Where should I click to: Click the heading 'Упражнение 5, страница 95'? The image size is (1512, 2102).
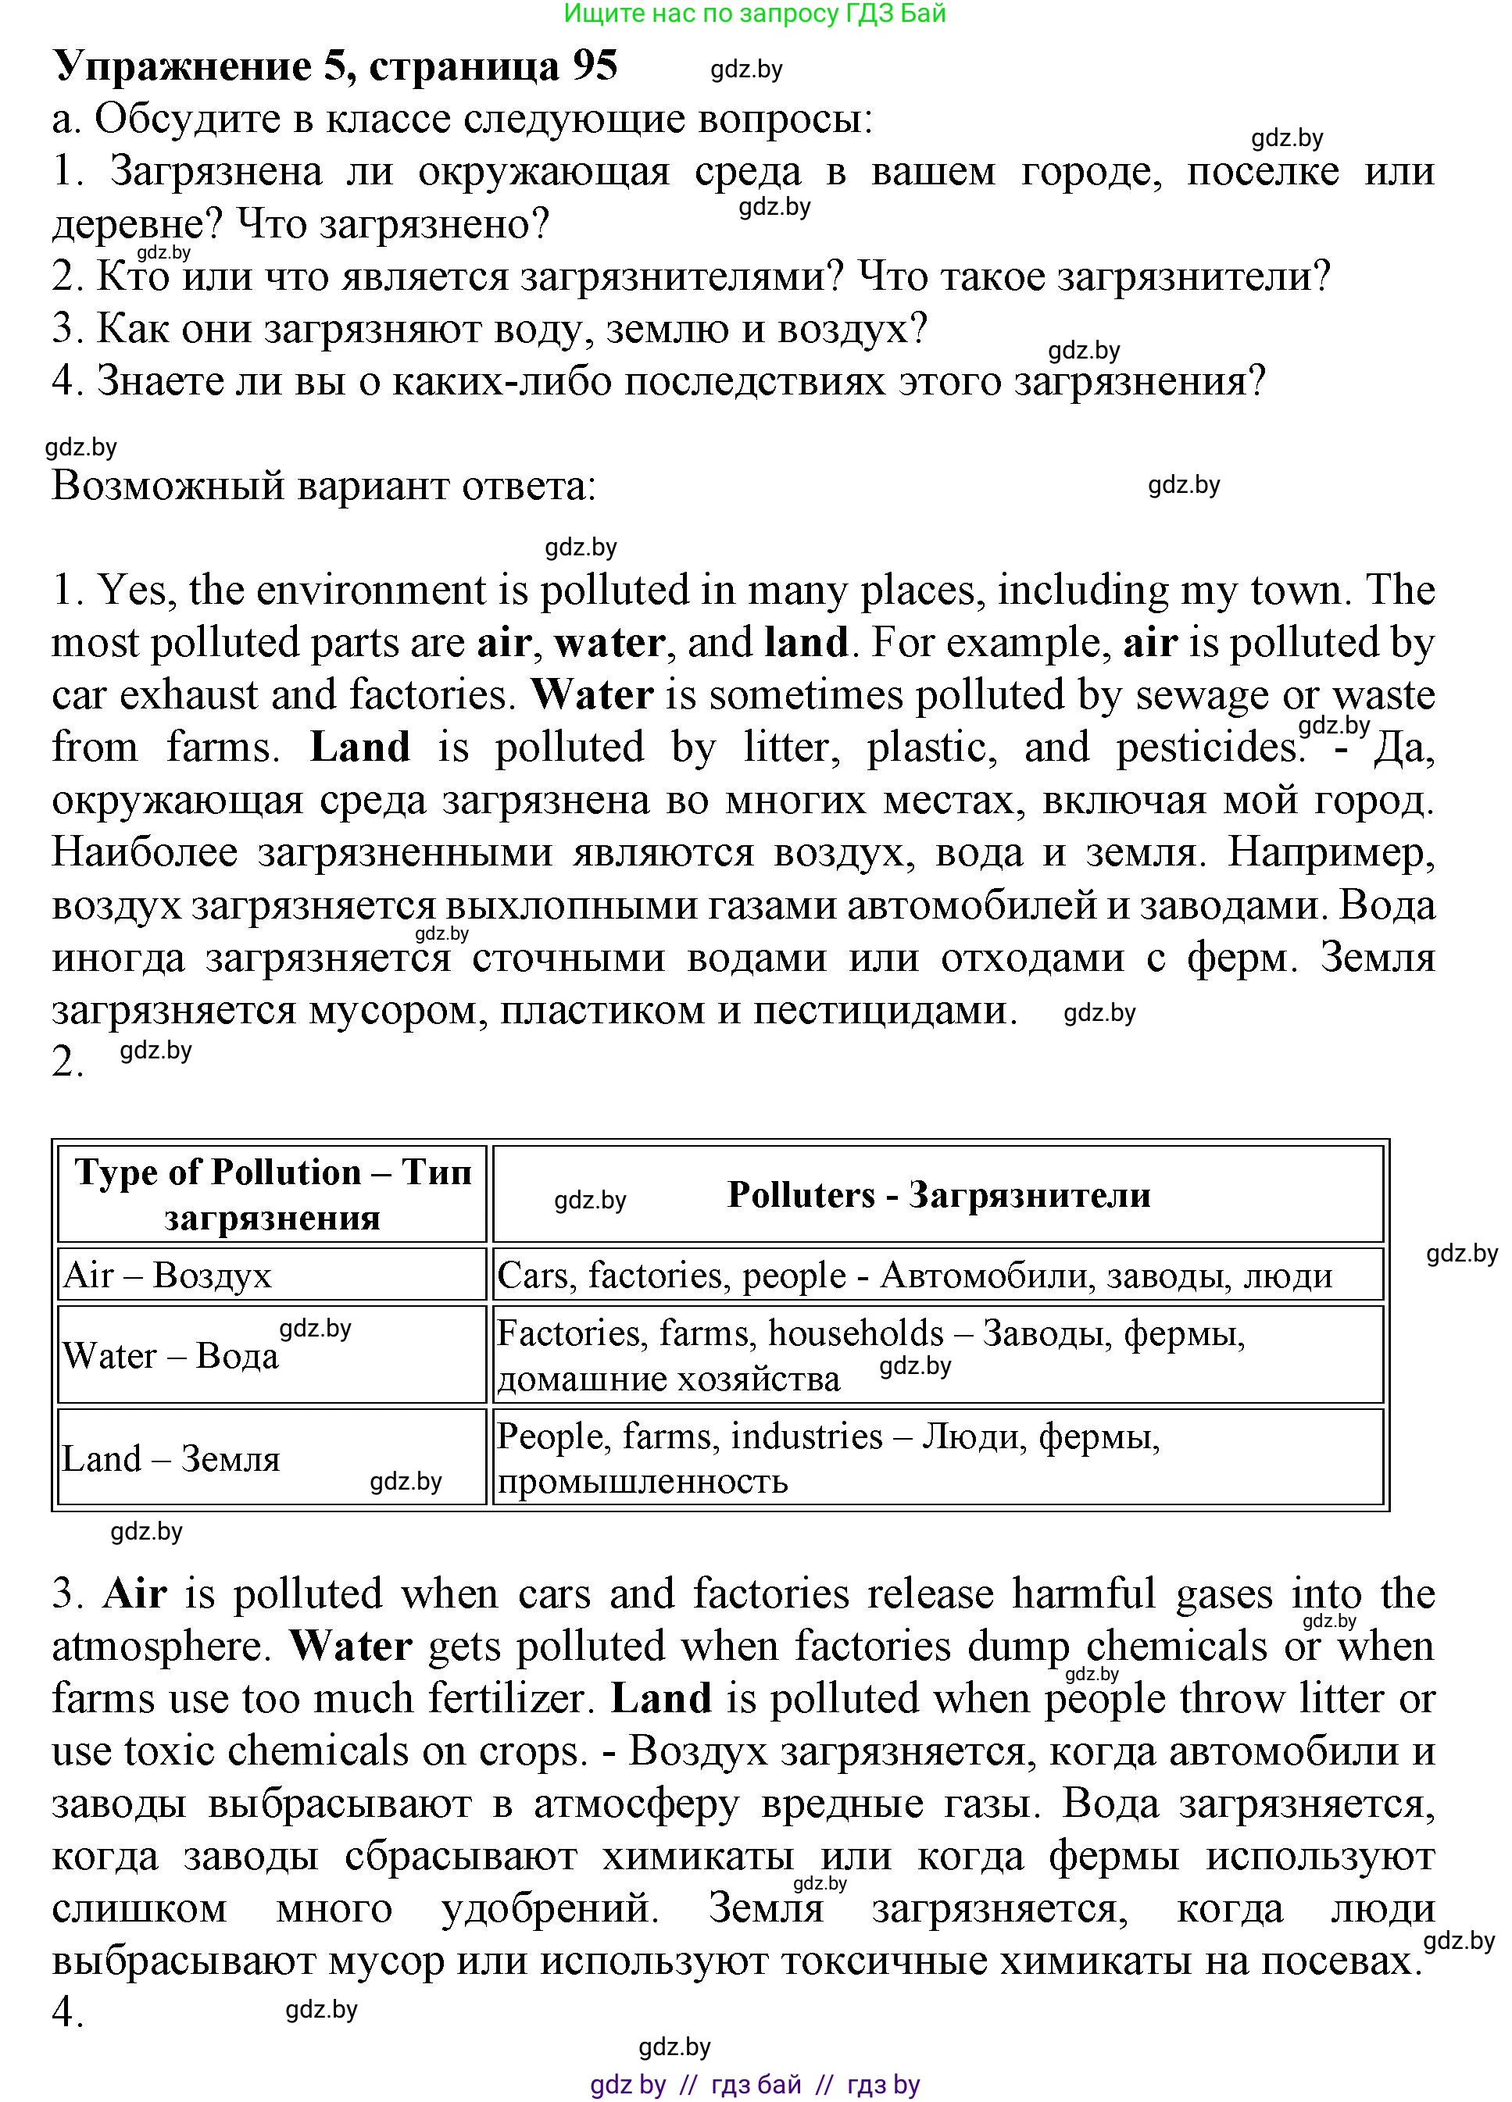(334, 66)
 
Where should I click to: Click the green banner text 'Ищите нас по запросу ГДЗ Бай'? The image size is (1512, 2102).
(755, 13)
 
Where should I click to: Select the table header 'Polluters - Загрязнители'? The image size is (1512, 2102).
(938, 1194)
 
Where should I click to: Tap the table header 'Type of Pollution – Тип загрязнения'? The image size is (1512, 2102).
(273, 1194)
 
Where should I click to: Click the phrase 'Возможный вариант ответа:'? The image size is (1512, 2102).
(323, 487)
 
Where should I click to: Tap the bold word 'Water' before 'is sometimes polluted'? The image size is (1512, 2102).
(592, 695)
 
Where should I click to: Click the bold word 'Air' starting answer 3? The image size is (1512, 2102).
(135, 1594)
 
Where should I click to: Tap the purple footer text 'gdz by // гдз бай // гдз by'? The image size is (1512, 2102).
(755, 2084)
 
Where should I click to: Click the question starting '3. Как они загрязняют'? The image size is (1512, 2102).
(489, 330)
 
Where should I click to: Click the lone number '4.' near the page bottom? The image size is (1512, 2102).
(68, 2014)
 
